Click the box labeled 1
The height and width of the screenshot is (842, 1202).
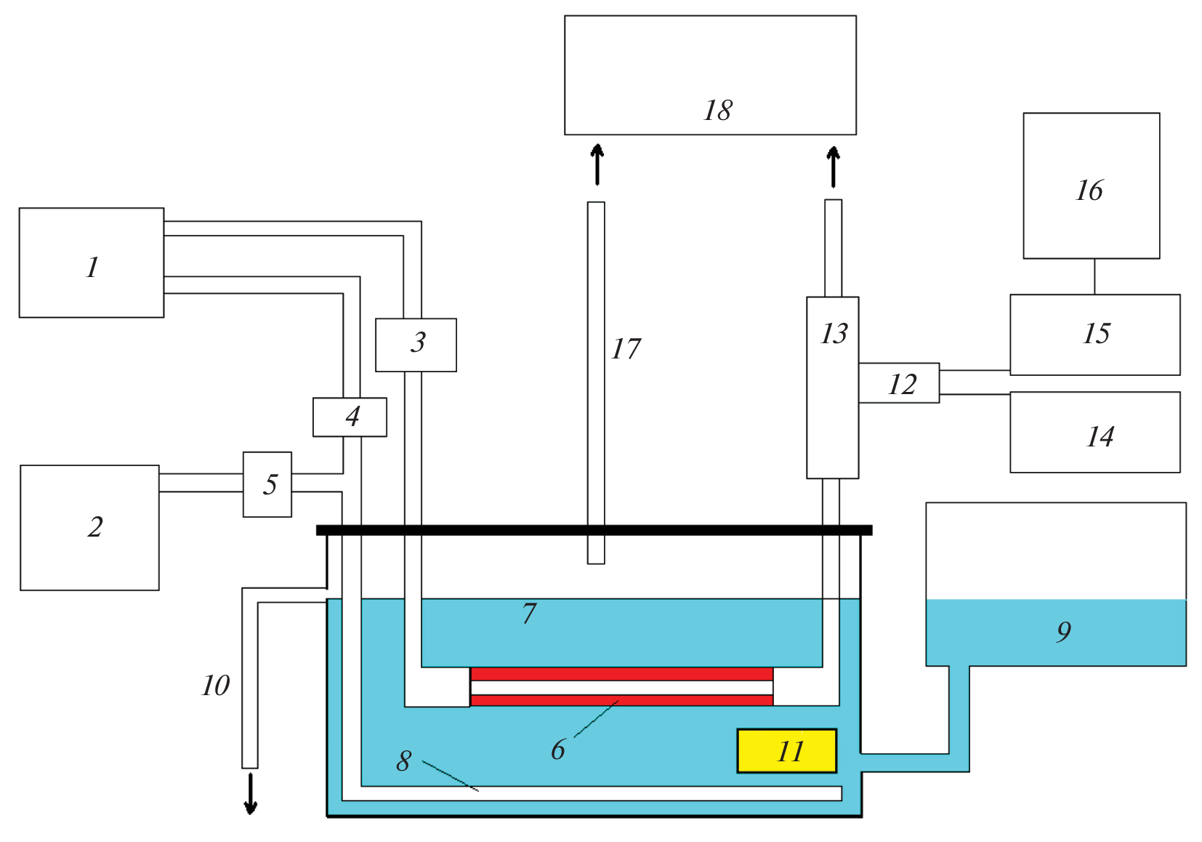(92, 262)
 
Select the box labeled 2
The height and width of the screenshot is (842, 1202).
(89, 527)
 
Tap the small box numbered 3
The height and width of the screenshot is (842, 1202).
(416, 345)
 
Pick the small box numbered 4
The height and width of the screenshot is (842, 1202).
(350, 417)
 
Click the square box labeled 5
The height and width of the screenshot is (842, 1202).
(267, 484)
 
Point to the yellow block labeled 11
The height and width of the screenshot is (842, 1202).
(787, 750)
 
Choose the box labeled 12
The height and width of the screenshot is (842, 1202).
(899, 383)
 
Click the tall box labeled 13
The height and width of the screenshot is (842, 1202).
(833, 387)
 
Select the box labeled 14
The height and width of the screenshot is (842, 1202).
(1094, 433)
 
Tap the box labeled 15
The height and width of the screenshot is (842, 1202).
(1094, 334)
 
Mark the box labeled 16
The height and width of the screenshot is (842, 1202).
(1091, 185)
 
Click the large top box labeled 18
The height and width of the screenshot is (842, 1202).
(710, 75)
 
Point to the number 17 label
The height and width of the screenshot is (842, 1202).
(626, 349)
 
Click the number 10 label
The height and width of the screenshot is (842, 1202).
(216, 685)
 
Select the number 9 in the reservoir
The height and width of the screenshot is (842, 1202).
(1063, 631)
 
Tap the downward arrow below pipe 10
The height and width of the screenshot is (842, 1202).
(250, 794)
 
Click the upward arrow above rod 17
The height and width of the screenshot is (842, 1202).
(597, 164)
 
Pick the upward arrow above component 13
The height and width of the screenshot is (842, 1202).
(834, 167)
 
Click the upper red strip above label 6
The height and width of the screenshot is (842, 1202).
(621, 674)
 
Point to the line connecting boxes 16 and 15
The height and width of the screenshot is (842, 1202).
(1094, 276)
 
